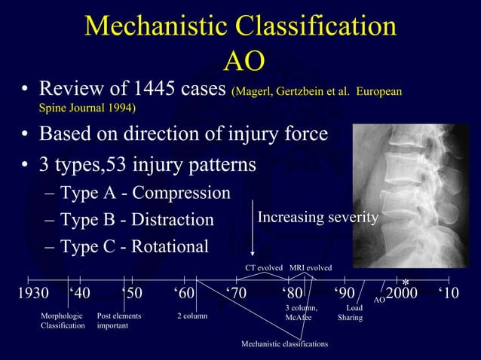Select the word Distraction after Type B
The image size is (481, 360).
coord(173,220)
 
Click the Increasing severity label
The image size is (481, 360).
coord(317,218)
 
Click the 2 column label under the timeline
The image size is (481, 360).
coord(192,316)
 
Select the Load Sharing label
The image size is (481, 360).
coord(351,313)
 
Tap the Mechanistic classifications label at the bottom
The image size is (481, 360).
coord(284,343)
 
